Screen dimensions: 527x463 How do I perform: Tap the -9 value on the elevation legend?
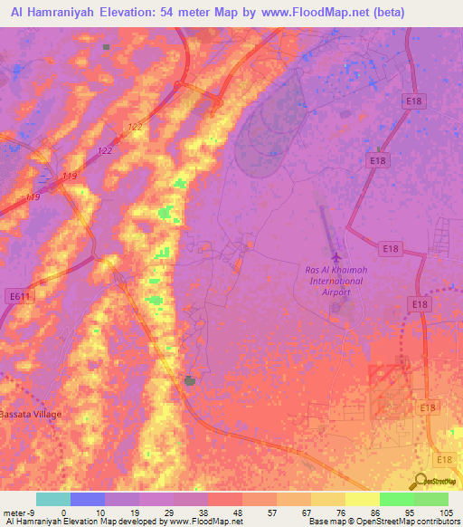point(34,513)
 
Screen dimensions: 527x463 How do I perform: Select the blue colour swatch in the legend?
point(87,499)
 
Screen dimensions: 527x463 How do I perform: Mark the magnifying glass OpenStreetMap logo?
point(420,481)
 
